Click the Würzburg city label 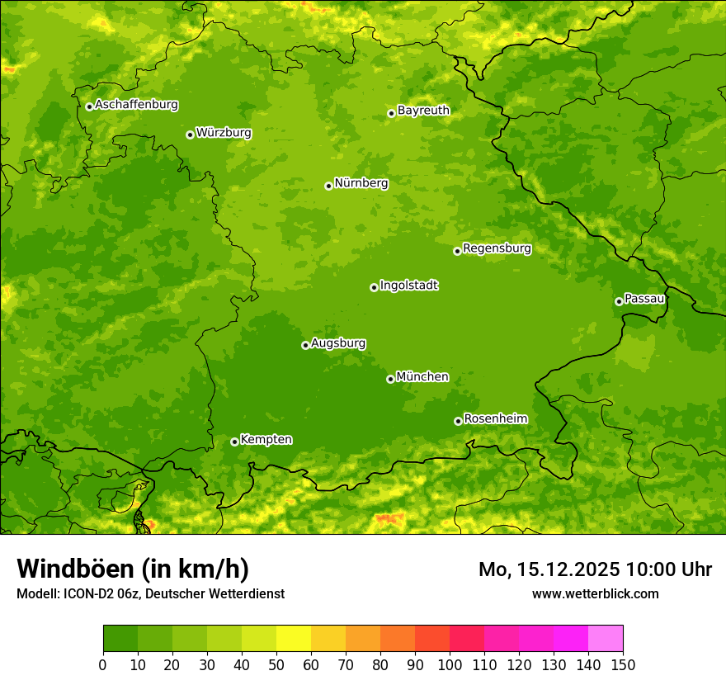coord(224,133)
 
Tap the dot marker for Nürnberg coord(328,186)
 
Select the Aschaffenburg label coord(136,105)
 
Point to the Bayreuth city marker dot coord(391,113)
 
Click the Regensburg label coord(497,248)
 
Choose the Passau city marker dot coord(619,301)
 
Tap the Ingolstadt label coord(408,286)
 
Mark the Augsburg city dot coord(305,345)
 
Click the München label coord(422,377)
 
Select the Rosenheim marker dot coord(458,421)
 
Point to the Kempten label coord(266,440)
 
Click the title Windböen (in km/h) coord(133,569)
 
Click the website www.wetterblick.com coord(595,593)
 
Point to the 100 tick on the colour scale coord(450,665)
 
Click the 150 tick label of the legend coord(623,665)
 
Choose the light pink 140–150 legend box coord(606,638)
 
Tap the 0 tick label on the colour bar coord(103,665)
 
